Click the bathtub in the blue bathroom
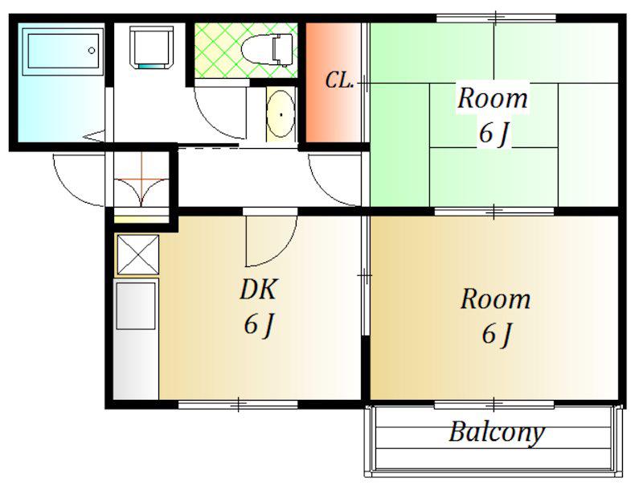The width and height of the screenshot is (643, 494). pyautogui.click(x=63, y=51)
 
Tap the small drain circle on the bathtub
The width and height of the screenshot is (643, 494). pyautogui.click(x=92, y=51)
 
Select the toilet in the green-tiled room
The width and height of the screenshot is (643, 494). pyautogui.click(x=267, y=50)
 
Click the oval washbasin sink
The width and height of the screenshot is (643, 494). pyautogui.click(x=281, y=114)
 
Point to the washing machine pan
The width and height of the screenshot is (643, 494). pyautogui.click(x=151, y=47)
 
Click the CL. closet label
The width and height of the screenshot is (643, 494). pyautogui.click(x=339, y=80)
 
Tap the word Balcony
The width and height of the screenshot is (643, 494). pyautogui.click(x=497, y=433)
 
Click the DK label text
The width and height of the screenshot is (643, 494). pyautogui.click(x=258, y=289)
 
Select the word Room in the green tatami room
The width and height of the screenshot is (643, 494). pyautogui.click(x=493, y=98)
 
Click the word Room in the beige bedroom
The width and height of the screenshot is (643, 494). pyautogui.click(x=495, y=299)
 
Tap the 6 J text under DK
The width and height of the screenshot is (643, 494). pyautogui.click(x=258, y=324)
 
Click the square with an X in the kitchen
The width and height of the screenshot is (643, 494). pyautogui.click(x=137, y=254)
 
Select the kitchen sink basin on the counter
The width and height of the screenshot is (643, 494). pyautogui.click(x=136, y=306)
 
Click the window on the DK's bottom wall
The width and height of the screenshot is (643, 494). pyautogui.click(x=238, y=405)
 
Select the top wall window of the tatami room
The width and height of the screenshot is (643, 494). pyautogui.click(x=496, y=18)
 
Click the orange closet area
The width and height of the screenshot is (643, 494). pyautogui.click(x=333, y=82)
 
